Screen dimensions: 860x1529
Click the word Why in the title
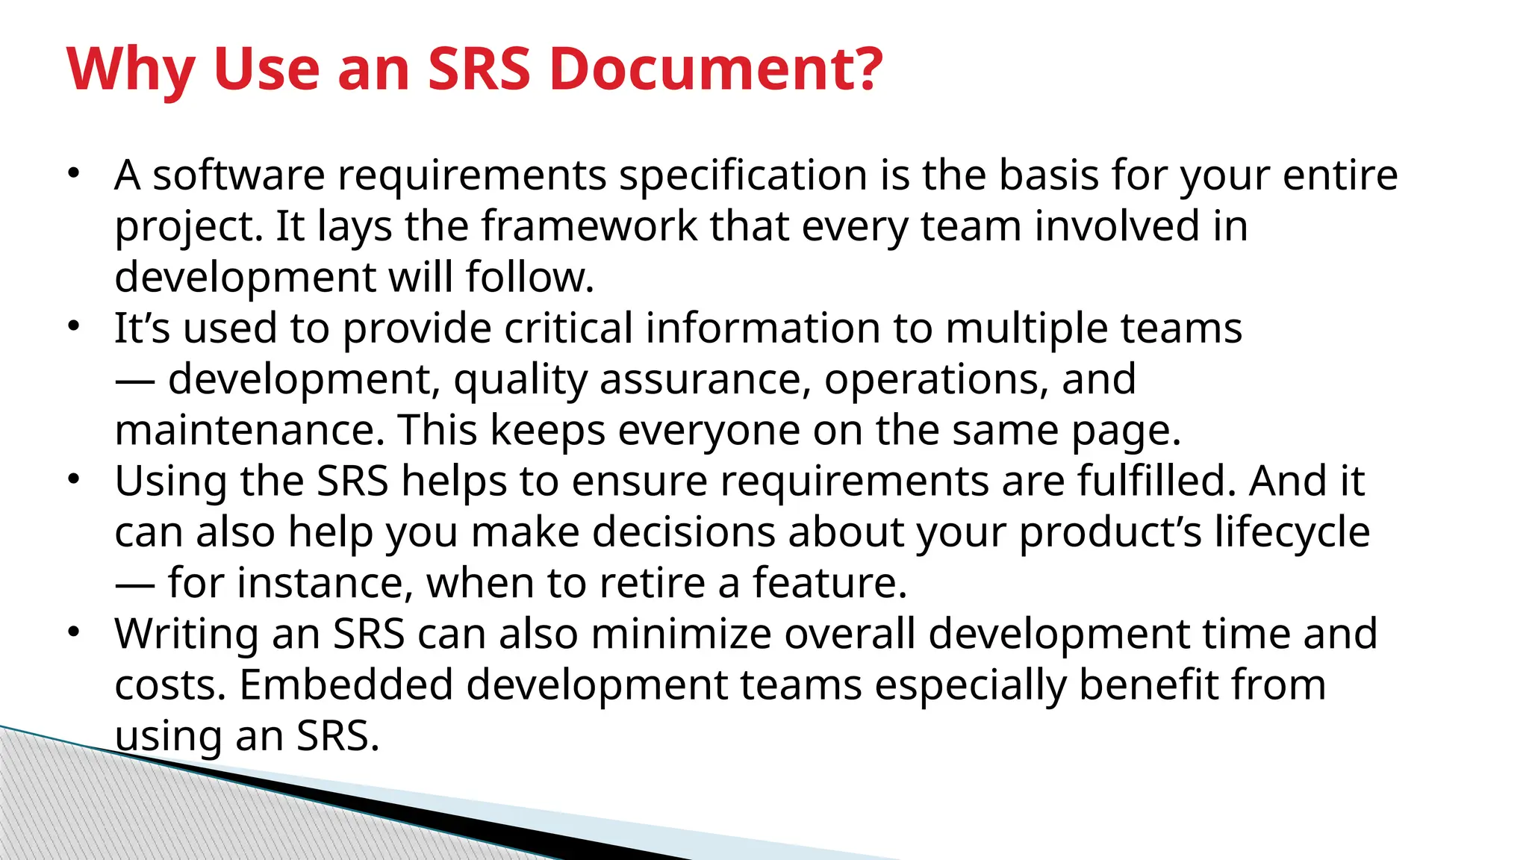131,69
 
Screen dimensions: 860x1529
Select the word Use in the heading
267,69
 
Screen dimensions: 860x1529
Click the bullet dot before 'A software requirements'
73,174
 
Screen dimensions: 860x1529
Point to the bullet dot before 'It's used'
73,326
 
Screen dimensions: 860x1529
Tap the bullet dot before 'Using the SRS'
73,479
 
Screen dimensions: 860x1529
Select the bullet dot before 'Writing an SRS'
73,632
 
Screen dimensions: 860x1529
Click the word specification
743,176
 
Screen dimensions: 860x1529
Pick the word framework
588,226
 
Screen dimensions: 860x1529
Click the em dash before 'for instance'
135,583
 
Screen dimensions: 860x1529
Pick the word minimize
682,634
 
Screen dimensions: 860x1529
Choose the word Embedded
346,685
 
